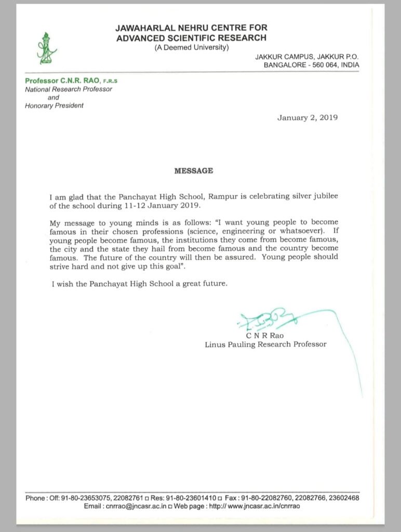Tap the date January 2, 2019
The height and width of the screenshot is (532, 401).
tap(308, 117)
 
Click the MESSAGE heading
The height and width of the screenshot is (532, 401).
tap(193, 170)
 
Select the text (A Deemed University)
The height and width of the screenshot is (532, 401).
tap(192, 48)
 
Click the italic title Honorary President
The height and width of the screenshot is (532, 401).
tap(55, 105)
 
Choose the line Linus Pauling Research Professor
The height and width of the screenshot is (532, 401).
tap(265, 344)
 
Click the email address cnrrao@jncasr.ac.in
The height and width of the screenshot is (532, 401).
tap(135, 506)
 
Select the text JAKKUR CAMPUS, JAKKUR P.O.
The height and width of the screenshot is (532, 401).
tap(306, 56)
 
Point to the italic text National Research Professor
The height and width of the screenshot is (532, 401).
tap(69, 89)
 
